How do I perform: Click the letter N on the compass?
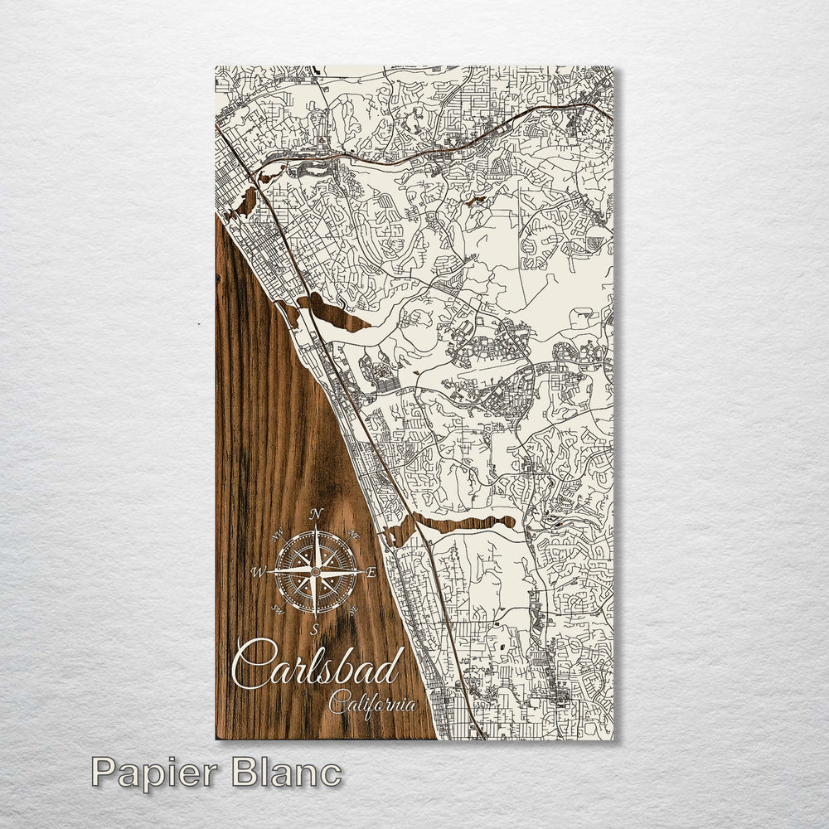(315, 514)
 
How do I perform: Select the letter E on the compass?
(371, 572)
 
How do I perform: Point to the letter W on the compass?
(259, 572)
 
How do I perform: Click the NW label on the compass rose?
(277, 536)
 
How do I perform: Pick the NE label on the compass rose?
(353, 536)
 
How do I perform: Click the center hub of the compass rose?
(315, 572)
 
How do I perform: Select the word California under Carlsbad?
(372, 705)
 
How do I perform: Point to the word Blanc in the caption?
(286, 773)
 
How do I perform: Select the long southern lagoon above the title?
(464, 523)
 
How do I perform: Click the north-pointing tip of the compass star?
(315, 527)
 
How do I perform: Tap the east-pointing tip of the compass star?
(361, 572)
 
